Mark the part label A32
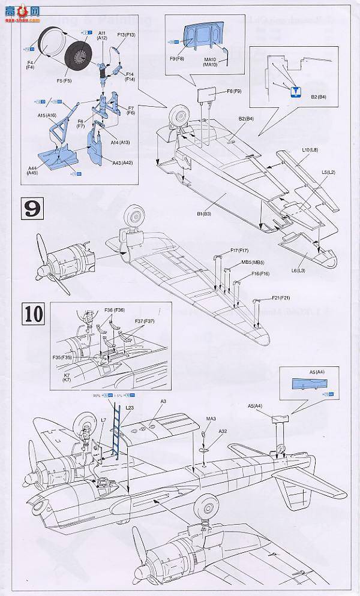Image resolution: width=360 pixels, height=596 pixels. click(x=223, y=431)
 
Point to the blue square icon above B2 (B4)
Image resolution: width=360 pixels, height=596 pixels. click(x=295, y=92)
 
